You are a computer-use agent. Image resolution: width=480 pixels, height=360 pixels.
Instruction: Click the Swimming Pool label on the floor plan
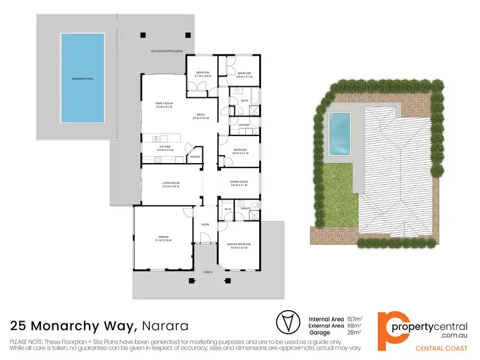point(83,79)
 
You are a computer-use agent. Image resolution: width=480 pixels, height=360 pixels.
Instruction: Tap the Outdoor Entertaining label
point(166,51)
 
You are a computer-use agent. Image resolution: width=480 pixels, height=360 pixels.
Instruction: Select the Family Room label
point(164,104)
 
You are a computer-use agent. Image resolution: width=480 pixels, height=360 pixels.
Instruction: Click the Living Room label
point(171,184)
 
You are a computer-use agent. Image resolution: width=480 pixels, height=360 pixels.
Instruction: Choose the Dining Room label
point(239,182)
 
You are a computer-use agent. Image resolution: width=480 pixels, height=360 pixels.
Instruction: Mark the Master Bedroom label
point(241,244)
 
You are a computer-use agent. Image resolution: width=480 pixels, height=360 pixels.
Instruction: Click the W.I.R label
point(227,208)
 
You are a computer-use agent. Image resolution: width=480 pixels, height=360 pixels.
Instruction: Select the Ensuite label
point(244,208)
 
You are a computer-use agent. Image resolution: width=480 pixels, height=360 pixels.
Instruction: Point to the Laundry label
point(244,124)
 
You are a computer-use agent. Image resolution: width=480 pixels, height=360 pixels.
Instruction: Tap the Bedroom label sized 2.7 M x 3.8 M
point(203,74)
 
